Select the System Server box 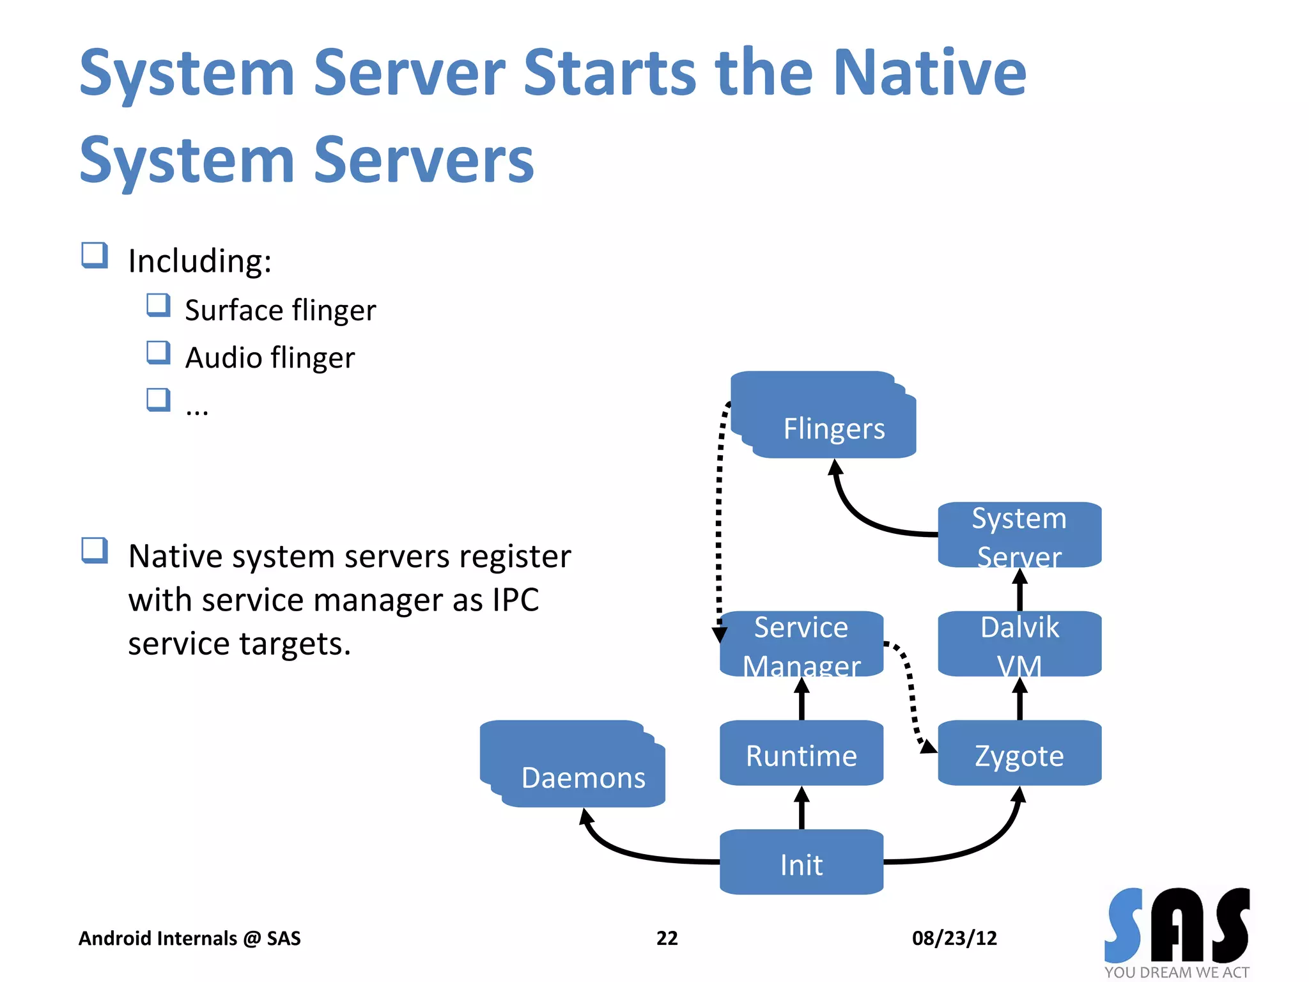point(1019,534)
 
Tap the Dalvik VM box point(1019,643)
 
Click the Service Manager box point(802,643)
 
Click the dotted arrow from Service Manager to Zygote point(911,690)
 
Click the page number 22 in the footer point(667,938)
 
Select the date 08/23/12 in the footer point(954,938)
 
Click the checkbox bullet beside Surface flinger point(158,305)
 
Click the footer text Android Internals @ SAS point(189,938)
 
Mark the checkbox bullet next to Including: point(95,255)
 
